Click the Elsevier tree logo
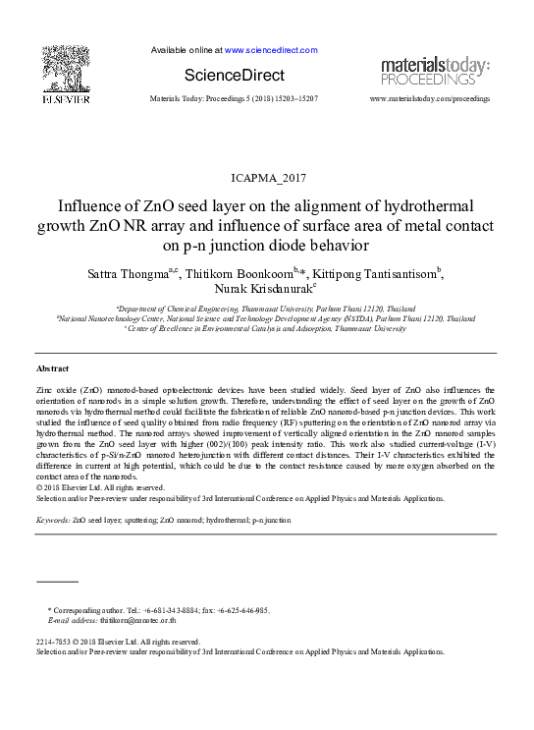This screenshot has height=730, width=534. coord(66,68)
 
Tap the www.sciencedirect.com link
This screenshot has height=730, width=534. coord(271,49)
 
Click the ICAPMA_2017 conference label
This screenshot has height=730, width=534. coord(267,178)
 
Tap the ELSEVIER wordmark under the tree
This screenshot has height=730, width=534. coord(66,100)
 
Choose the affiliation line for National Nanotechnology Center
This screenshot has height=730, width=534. coord(266,318)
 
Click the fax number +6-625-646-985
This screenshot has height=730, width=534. coord(241,610)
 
